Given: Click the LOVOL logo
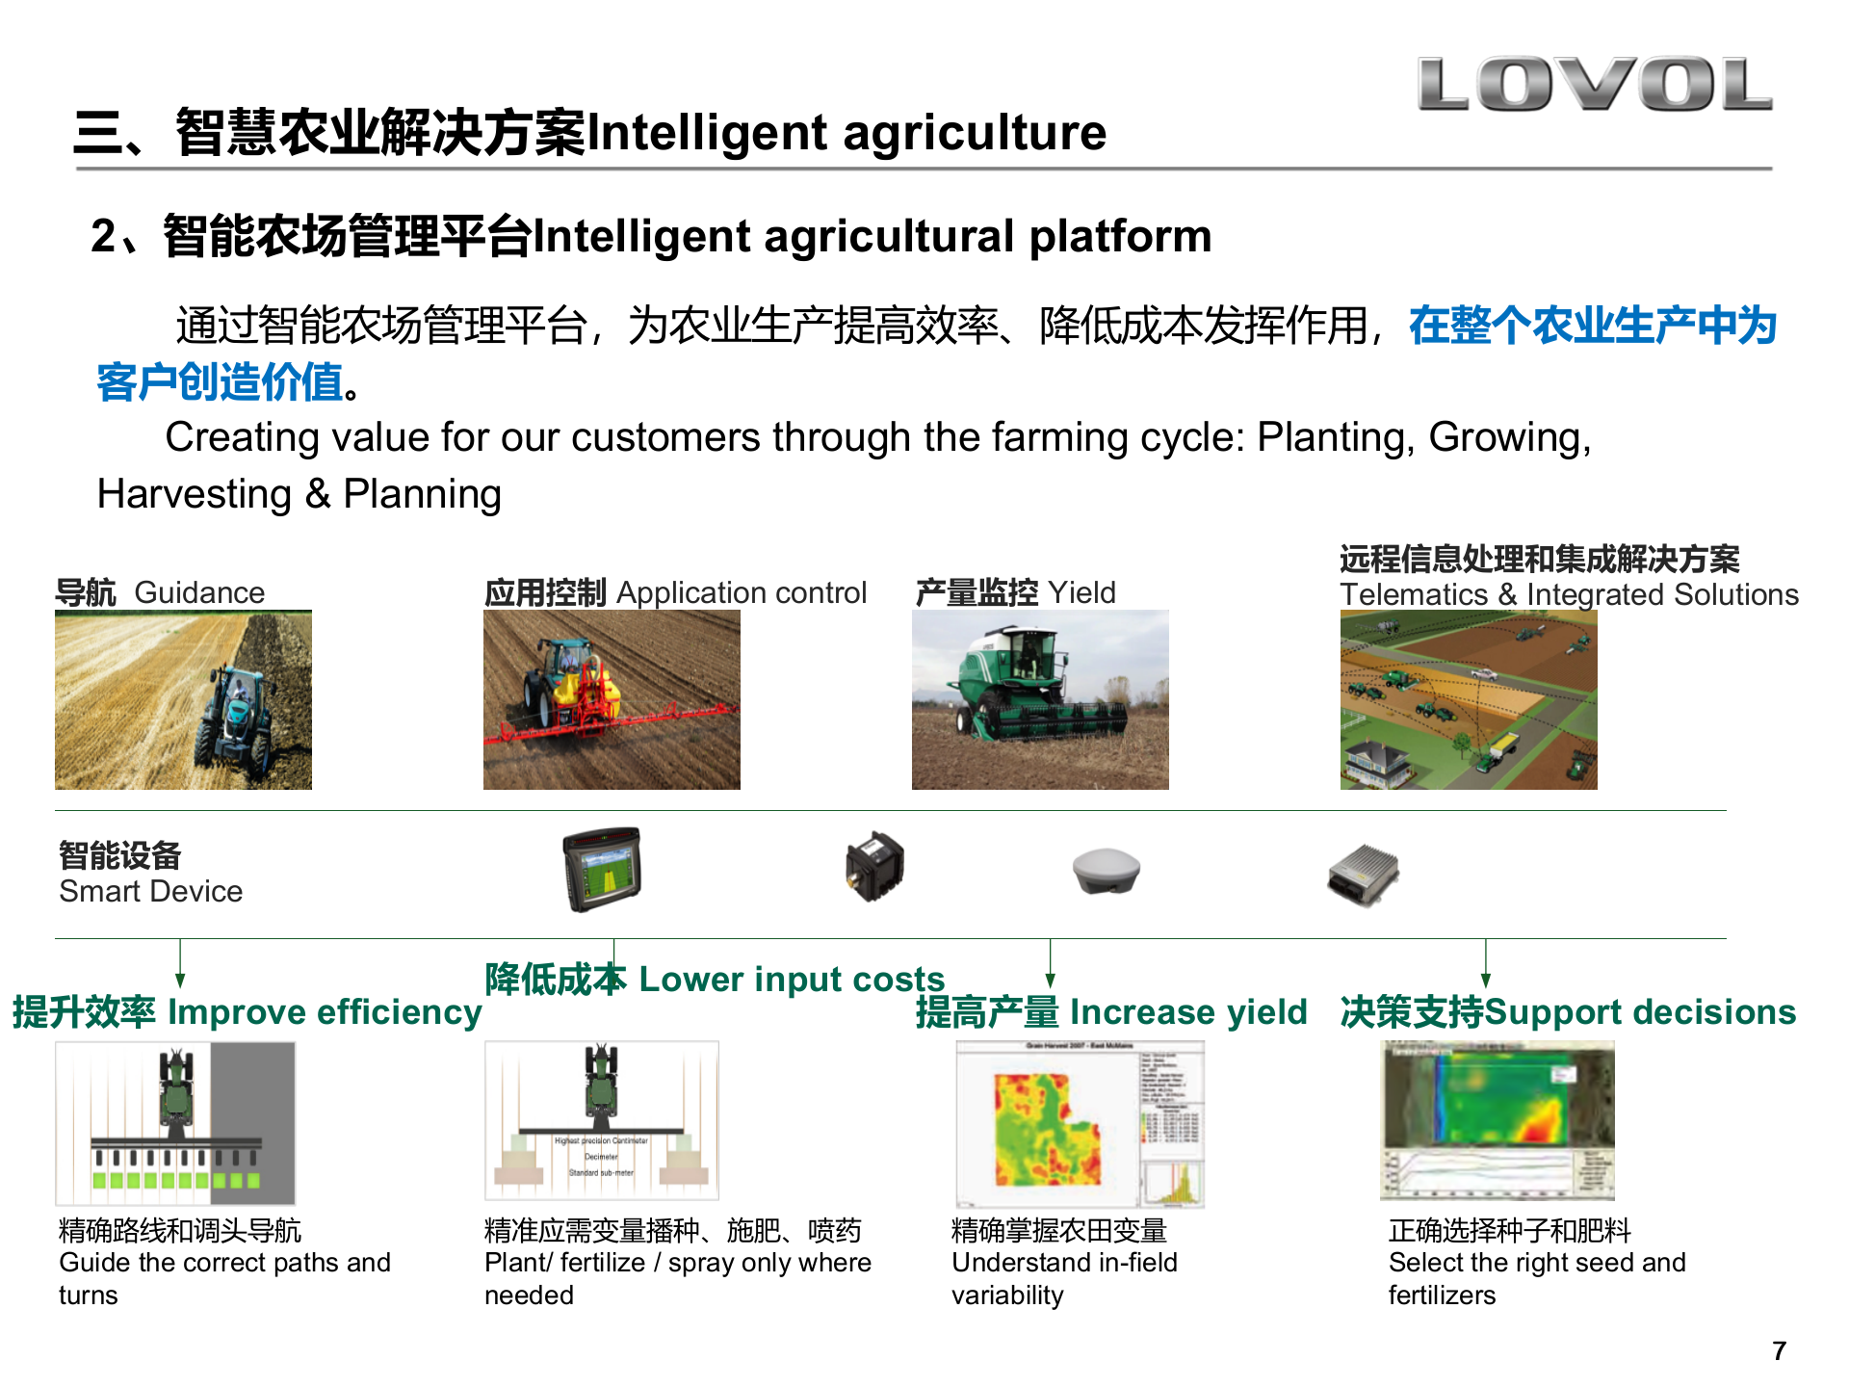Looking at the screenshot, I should pyautogui.click(x=1594, y=84).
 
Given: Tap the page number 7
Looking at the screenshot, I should pyautogui.click(x=1779, y=1350).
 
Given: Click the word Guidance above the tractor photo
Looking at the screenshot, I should pyautogui.click(x=199, y=592).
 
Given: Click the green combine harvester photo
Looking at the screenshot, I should pyautogui.click(x=1040, y=699).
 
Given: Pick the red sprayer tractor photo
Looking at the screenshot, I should pyautogui.click(x=612, y=699).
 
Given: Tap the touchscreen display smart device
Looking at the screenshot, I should pyautogui.click(x=603, y=869).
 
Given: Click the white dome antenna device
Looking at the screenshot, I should pyautogui.click(x=1107, y=870).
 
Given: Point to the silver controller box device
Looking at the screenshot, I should pyautogui.click(x=1363, y=875).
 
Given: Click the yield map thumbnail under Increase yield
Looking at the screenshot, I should pyautogui.click(x=1080, y=1124).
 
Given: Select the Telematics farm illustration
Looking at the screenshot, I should pyautogui.click(x=1469, y=699).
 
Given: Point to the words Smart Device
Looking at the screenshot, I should pyautogui.click(x=151, y=892).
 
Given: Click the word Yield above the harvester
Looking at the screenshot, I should pyautogui.click(x=1081, y=592).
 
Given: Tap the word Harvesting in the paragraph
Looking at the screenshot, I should pyautogui.click(x=195, y=494).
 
